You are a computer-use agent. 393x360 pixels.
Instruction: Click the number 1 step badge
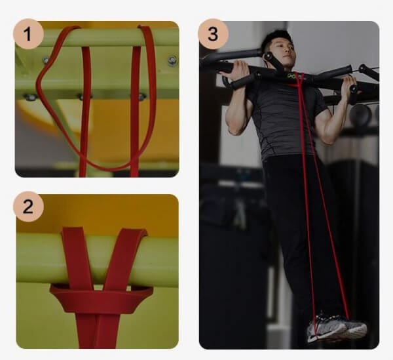tap(28, 34)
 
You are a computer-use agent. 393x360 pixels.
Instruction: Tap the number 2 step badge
tap(28, 207)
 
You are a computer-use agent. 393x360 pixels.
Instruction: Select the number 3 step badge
tap(214, 34)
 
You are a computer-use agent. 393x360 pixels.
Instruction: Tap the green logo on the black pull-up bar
tap(291, 75)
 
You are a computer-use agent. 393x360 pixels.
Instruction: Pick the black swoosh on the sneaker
tap(313, 338)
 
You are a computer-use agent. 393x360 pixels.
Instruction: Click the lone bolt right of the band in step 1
tap(172, 60)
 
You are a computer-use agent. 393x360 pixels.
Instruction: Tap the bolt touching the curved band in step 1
tap(46, 60)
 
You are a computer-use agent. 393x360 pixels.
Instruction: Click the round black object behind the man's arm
tap(361, 113)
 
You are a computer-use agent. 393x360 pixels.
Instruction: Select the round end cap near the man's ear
tap(269, 56)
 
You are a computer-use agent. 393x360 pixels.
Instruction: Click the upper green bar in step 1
tap(97, 37)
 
